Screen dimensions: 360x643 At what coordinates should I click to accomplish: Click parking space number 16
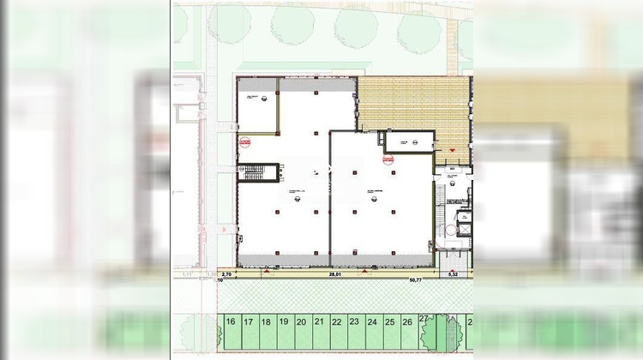[231, 323]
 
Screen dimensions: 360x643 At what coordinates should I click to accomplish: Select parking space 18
[266, 323]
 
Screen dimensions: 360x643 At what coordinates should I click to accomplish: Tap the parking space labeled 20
[301, 323]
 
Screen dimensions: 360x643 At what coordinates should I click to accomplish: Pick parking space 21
[319, 323]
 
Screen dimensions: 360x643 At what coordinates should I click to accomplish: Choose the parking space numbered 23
[354, 323]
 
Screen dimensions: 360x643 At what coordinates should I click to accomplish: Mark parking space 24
[372, 323]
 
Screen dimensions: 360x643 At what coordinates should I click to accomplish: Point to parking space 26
[407, 323]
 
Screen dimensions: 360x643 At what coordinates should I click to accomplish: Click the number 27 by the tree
[424, 319]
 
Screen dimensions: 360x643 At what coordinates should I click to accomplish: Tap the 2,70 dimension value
[225, 274]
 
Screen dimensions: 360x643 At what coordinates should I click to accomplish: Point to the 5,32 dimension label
[454, 274]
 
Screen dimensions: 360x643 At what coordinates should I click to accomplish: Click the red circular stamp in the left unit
[244, 143]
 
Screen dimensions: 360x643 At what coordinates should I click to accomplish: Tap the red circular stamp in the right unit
[388, 159]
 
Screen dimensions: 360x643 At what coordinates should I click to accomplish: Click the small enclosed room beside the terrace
[408, 141]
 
